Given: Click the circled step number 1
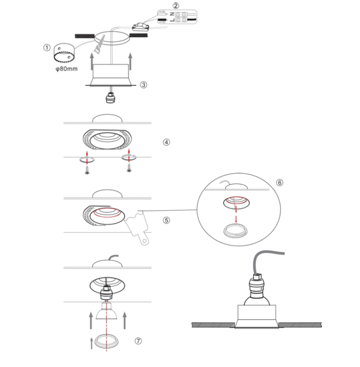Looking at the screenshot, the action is click(47, 48).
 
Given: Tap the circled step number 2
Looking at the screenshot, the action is click(176, 5).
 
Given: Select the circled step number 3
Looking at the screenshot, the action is click(143, 85).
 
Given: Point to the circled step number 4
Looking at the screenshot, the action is click(166, 142).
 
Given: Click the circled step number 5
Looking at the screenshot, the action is click(166, 220).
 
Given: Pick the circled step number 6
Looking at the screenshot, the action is click(280, 182).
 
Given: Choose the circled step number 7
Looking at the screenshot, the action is click(138, 341).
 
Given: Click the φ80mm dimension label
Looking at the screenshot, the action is click(66, 69).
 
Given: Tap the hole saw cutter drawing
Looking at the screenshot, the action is click(64, 53).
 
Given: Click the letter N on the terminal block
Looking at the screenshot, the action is click(172, 14).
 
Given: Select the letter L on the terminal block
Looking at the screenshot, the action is click(172, 20).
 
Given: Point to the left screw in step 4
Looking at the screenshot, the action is click(87, 170).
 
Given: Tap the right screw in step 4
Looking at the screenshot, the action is click(129, 168).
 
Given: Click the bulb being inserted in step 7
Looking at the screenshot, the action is click(106, 310).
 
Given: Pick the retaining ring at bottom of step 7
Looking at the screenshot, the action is click(106, 341).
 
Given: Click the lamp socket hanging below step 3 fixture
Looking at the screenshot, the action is click(111, 98).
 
